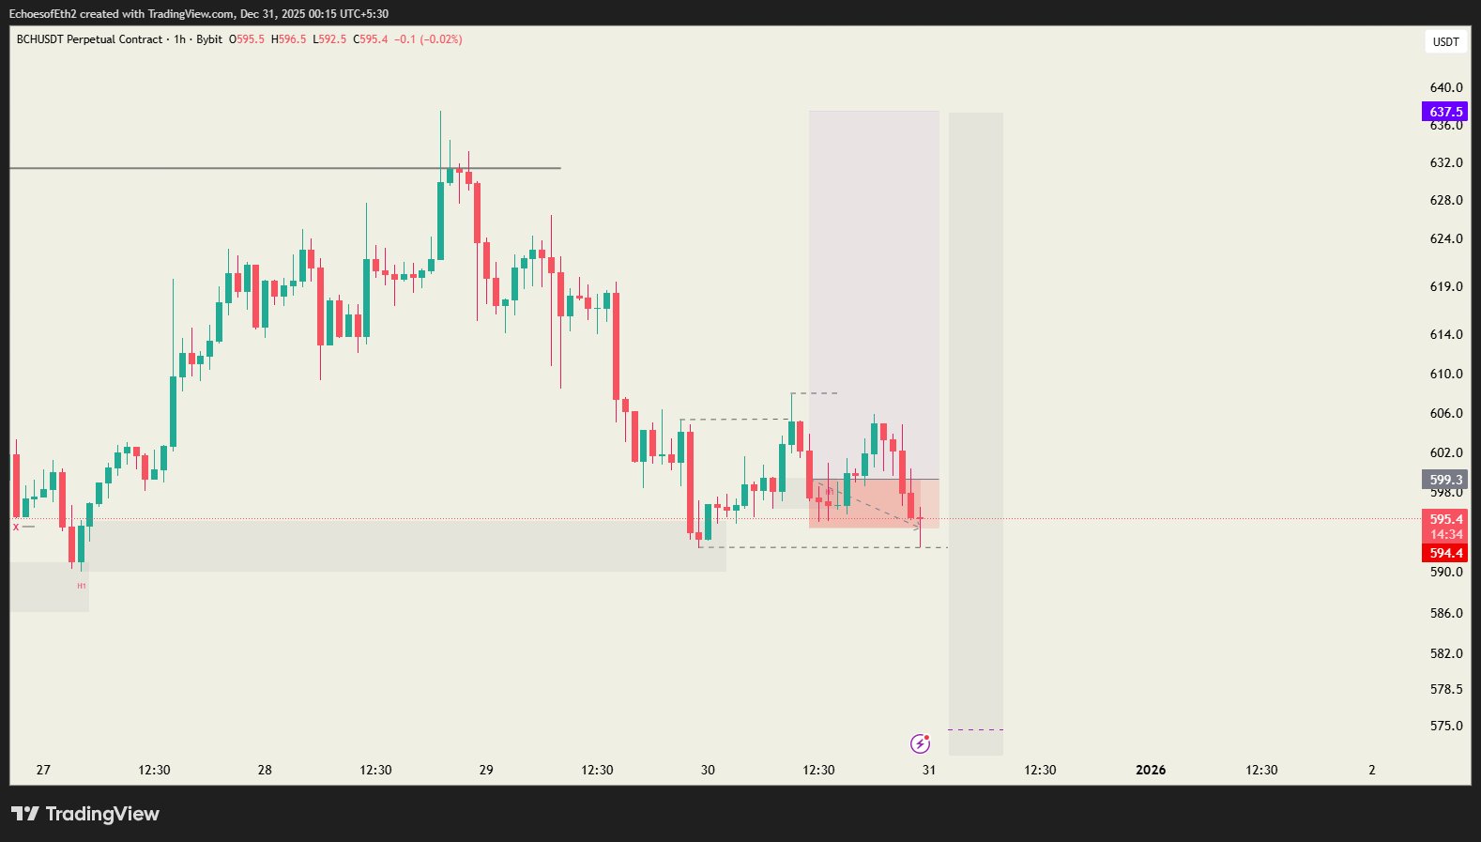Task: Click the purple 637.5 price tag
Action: pyautogui.click(x=1445, y=112)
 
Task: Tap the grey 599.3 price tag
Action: pyautogui.click(x=1445, y=480)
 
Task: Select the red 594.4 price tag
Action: pyautogui.click(x=1445, y=553)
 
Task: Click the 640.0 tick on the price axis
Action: pyautogui.click(x=1445, y=87)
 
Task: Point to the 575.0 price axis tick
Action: pyautogui.click(x=1445, y=726)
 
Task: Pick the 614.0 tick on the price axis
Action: pyautogui.click(x=1445, y=334)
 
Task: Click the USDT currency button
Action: pyautogui.click(x=1445, y=41)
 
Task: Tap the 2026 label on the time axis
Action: pyautogui.click(x=1151, y=770)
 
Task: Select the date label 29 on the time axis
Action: pyautogui.click(x=486, y=770)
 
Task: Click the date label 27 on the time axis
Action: pyautogui.click(x=43, y=770)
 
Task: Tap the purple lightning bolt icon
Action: pyautogui.click(x=920, y=744)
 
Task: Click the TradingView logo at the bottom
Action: pyautogui.click(x=85, y=814)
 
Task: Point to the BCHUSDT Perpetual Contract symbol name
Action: pyautogui.click(x=89, y=39)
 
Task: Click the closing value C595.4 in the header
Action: pyautogui.click(x=371, y=39)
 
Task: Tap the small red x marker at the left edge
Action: pyautogui.click(x=16, y=527)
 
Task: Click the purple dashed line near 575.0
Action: pyautogui.click(x=976, y=729)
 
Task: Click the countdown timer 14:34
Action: pyautogui.click(x=1445, y=534)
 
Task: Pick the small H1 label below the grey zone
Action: pyautogui.click(x=82, y=586)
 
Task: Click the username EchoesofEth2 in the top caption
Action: pyautogui.click(x=43, y=14)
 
